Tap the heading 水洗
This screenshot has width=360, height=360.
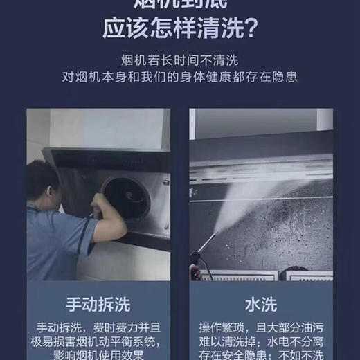coord(261,305)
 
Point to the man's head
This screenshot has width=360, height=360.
coord(42,182)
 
